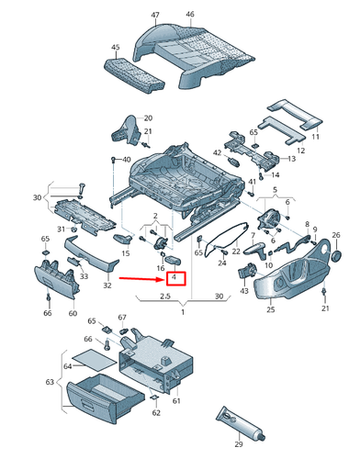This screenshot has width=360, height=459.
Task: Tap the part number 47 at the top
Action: point(155,16)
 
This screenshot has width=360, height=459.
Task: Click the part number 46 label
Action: point(190,16)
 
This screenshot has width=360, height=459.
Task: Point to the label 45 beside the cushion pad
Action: point(115,48)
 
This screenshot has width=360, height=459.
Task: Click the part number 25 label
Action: point(271,311)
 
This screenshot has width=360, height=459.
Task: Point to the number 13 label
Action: point(292,159)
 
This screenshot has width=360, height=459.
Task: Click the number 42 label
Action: point(217,152)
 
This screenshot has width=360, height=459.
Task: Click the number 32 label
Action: point(107,286)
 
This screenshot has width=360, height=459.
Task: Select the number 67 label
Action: point(122,318)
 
